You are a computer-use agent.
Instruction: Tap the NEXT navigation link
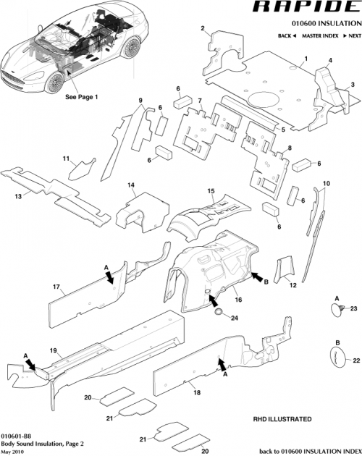(352, 35)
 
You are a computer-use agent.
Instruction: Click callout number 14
(132, 186)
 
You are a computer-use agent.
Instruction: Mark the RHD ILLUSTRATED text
(282, 419)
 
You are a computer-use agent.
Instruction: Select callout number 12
(293, 286)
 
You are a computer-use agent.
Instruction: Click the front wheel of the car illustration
(54, 85)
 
